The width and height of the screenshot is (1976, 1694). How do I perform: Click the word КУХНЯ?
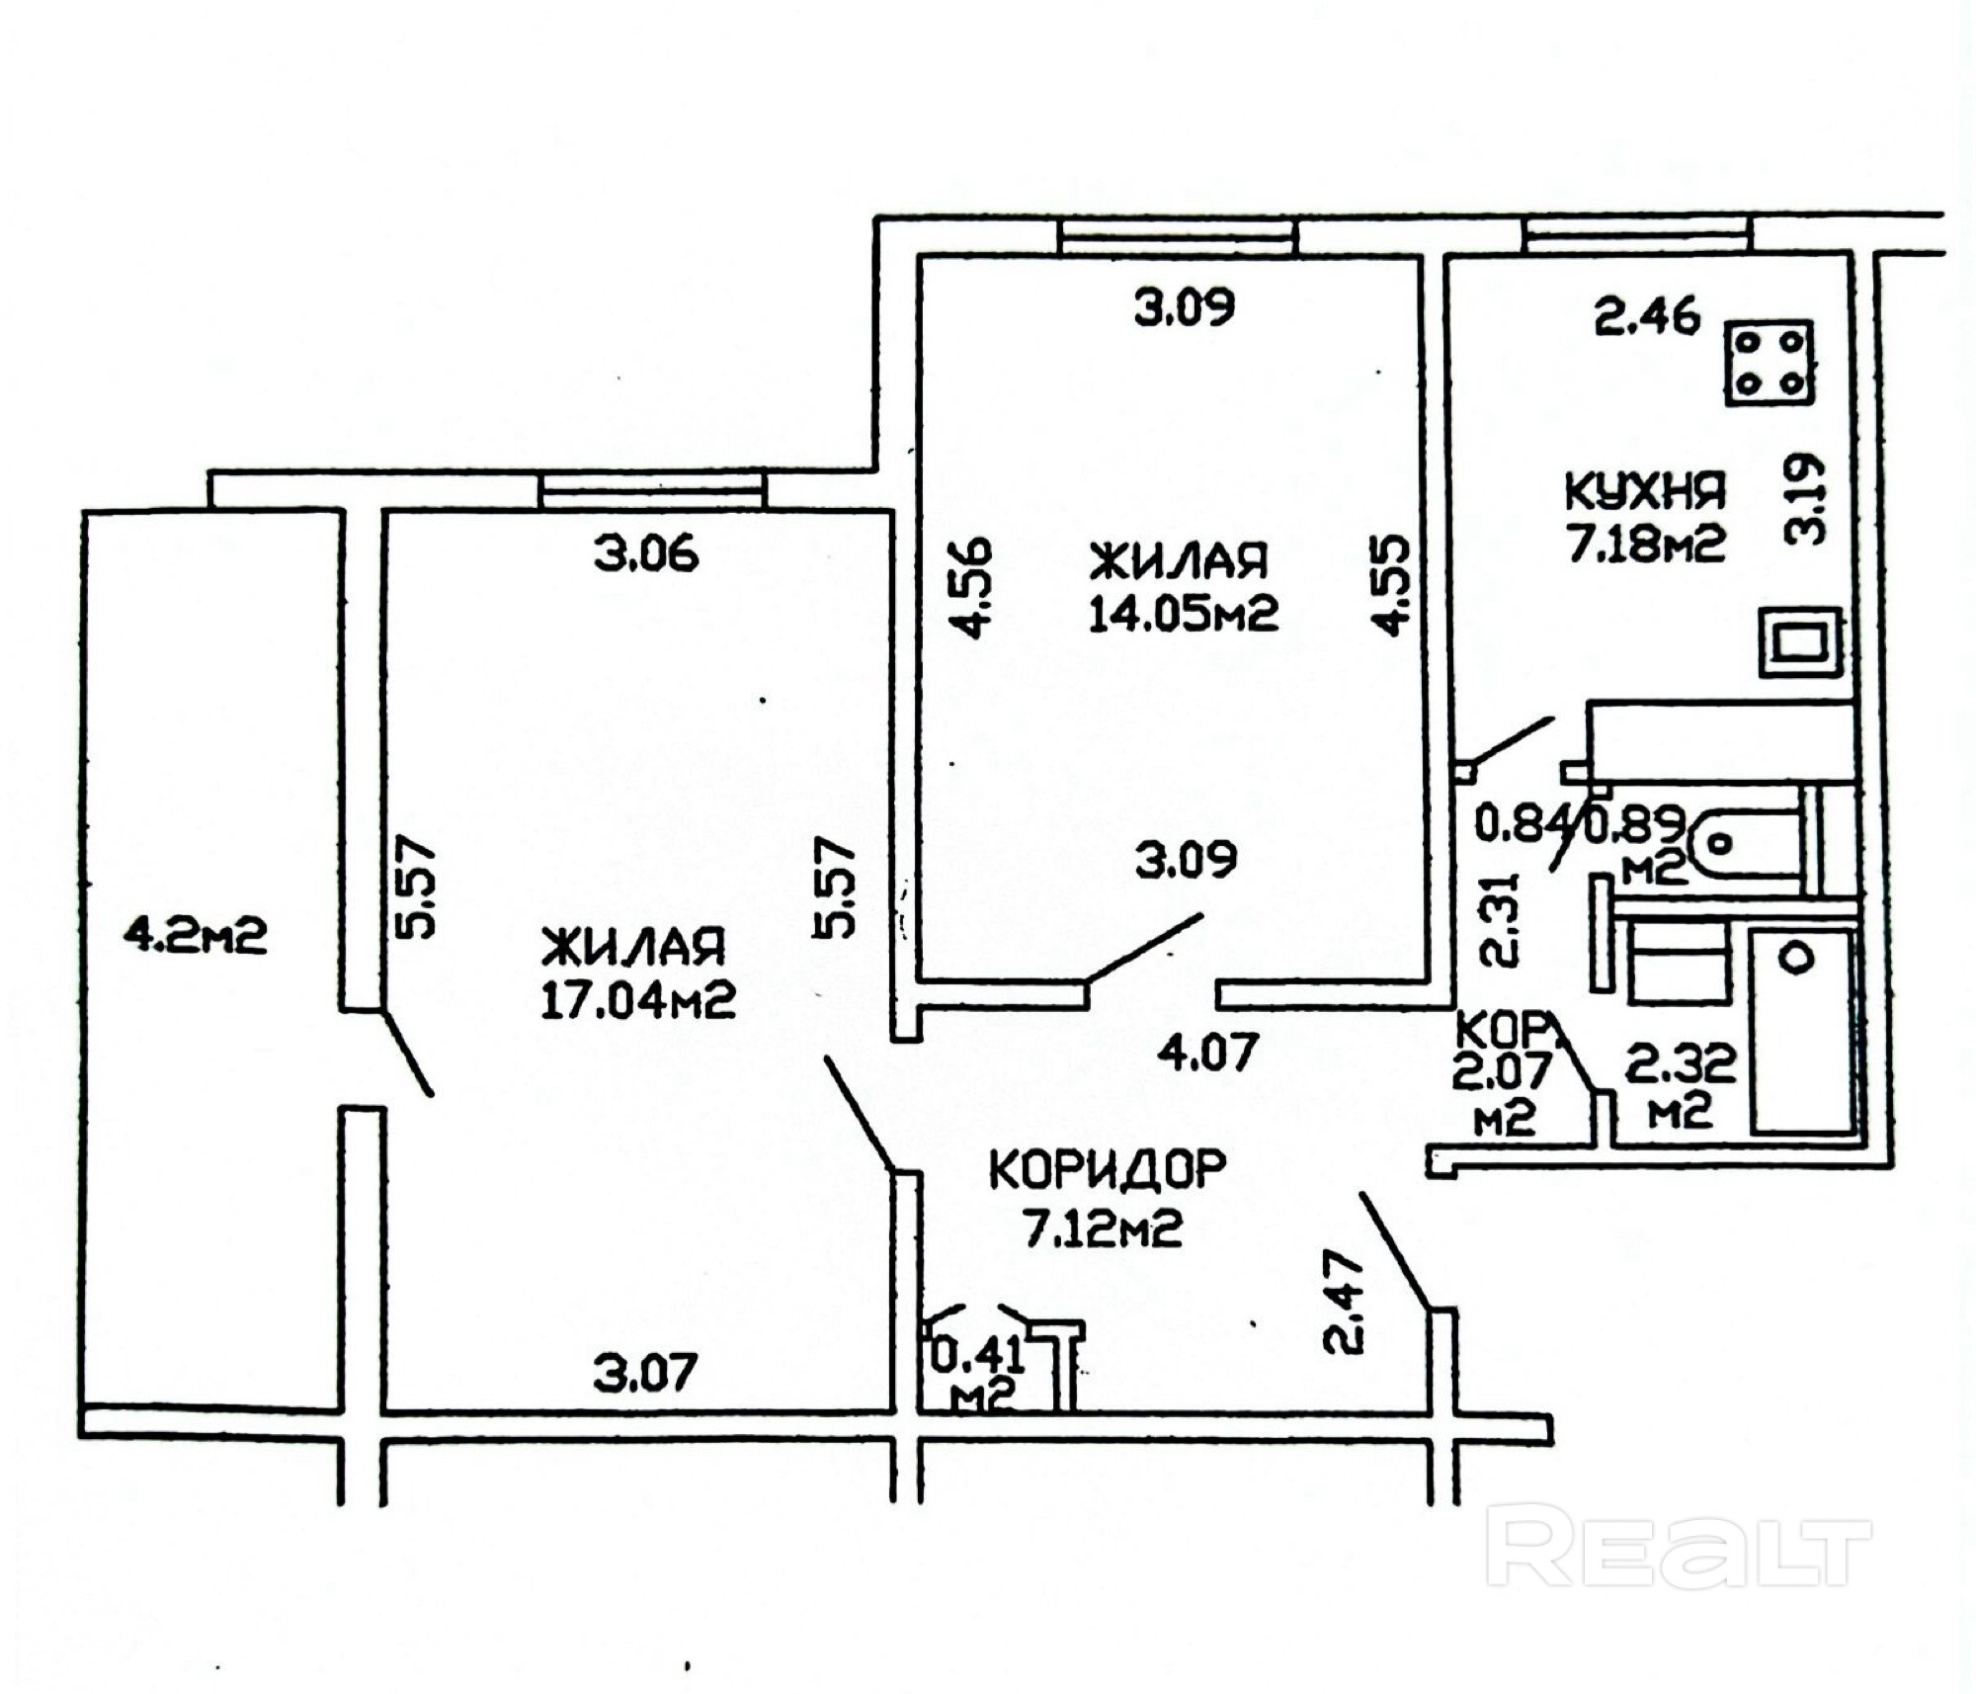coord(1644,490)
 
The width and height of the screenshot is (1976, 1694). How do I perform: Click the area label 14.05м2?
coord(1183,614)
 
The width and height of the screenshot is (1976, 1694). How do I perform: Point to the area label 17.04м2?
coord(637,1001)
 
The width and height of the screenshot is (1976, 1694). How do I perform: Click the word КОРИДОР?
coord(1107,1171)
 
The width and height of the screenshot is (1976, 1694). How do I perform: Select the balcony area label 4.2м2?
coord(195,935)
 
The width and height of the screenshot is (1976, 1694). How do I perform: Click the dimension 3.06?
coord(646,553)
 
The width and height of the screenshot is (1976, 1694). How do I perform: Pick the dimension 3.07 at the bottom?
coord(645,1373)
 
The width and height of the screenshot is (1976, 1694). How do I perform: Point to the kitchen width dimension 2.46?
coord(1646,316)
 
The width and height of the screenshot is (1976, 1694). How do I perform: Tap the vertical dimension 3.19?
coord(1806,499)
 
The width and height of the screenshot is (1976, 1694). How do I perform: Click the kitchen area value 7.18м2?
coord(1646,544)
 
